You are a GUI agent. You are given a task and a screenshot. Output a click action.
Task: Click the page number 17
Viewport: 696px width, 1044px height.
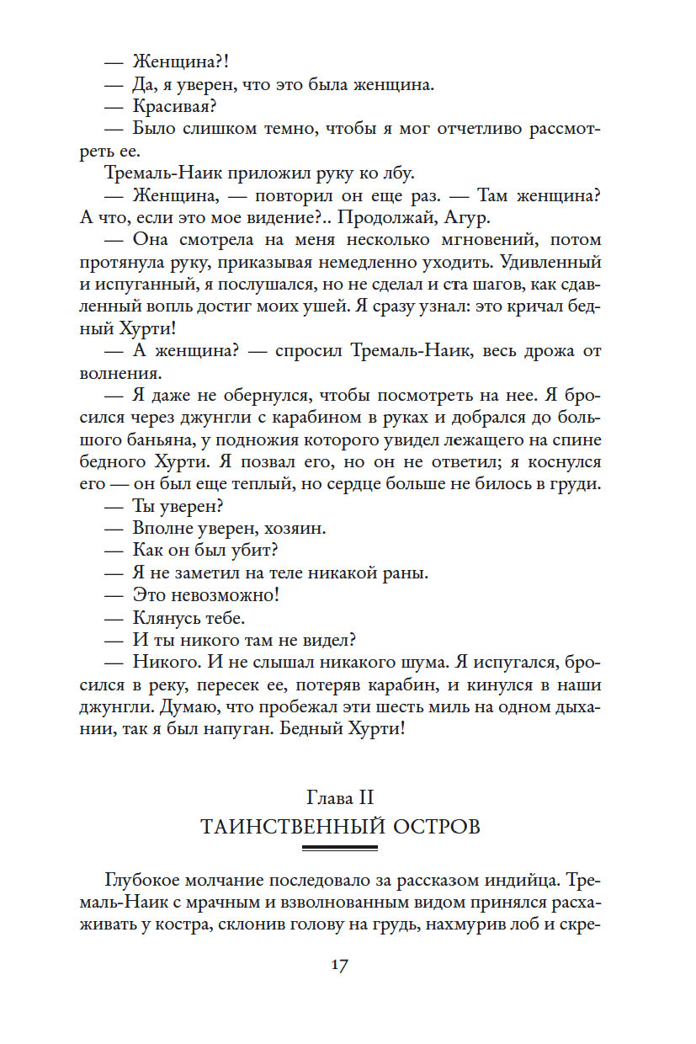(339, 965)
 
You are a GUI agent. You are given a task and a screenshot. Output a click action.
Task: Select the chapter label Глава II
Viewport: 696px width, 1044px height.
(340, 796)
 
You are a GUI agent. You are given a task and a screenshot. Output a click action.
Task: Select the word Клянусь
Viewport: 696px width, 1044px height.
(166, 616)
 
